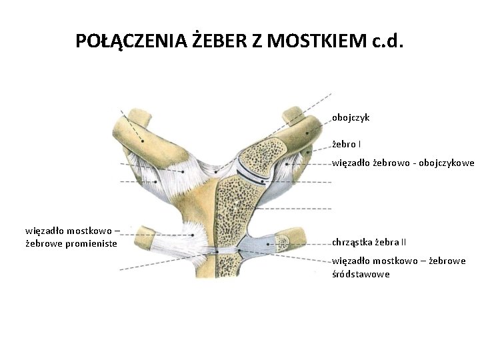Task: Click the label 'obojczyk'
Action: click(x=351, y=117)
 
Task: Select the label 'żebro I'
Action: click(x=347, y=143)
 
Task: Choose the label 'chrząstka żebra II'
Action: click(x=369, y=241)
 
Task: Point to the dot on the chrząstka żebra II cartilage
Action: click(x=268, y=244)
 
